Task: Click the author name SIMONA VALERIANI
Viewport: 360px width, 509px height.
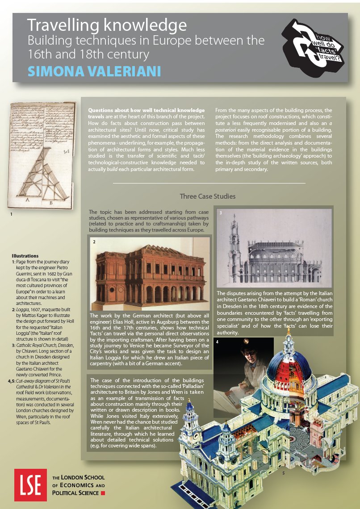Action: coord(94,71)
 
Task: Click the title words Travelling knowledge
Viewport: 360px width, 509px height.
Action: coord(106,25)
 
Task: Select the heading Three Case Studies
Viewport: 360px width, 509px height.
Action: coord(207,196)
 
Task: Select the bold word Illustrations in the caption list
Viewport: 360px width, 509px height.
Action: coord(25,255)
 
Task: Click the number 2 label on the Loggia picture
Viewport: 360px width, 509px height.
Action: coord(94,242)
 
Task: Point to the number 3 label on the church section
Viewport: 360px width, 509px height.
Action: coord(220,213)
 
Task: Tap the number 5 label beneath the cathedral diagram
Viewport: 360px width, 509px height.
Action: coord(283,472)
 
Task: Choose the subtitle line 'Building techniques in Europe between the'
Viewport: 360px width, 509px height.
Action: coord(146,41)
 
